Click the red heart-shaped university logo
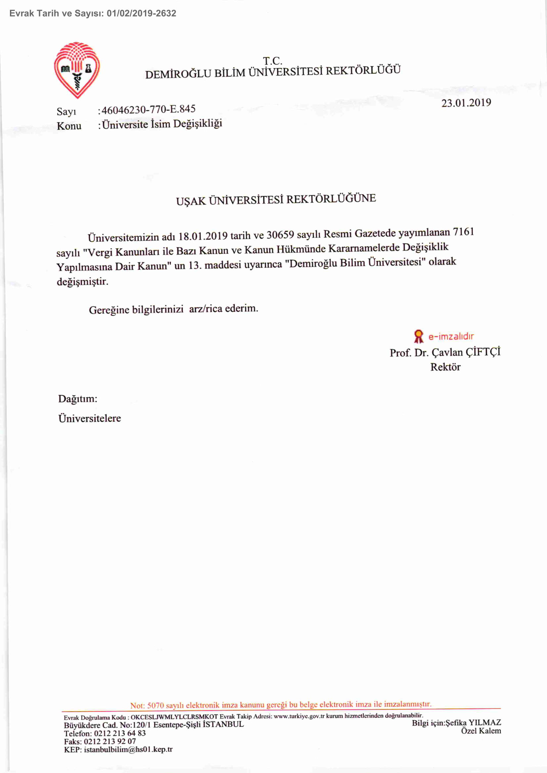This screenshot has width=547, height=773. click(x=77, y=70)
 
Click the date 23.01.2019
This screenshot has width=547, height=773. click(x=466, y=103)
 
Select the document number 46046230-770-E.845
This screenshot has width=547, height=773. click(x=149, y=109)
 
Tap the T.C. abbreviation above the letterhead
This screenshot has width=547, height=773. click(x=272, y=61)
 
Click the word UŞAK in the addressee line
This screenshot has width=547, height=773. click(x=191, y=201)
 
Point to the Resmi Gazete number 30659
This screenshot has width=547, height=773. click(x=280, y=235)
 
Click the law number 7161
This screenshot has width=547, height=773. click(x=464, y=232)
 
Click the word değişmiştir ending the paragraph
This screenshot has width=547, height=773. click(x=82, y=281)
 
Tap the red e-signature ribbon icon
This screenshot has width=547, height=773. click(x=418, y=336)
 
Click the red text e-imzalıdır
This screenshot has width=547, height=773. click(x=451, y=336)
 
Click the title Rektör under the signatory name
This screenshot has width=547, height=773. click(x=445, y=367)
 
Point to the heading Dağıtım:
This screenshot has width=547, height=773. click(x=78, y=399)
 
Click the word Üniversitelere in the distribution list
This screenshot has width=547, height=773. click(x=90, y=418)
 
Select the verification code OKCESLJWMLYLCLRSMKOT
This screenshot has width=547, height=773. click(x=174, y=717)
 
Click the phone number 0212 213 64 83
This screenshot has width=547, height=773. click(x=120, y=733)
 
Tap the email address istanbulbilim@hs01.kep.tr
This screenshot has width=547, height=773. click(x=128, y=750)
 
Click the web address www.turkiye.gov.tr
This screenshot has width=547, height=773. click(x=299, y=716)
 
